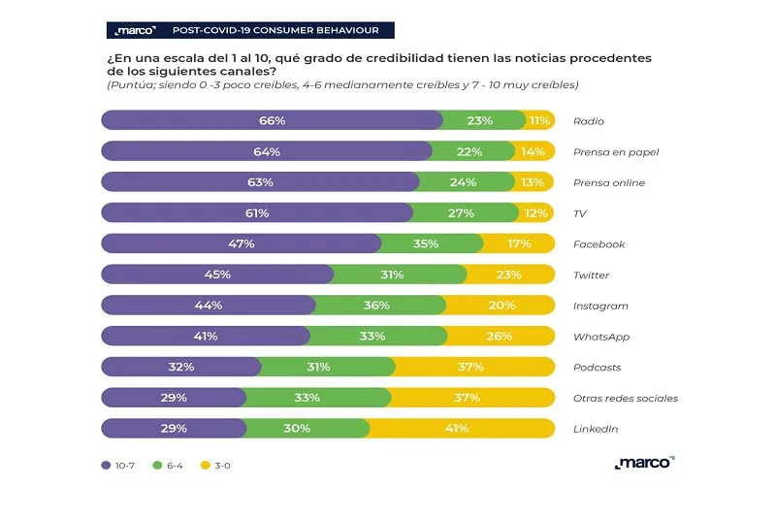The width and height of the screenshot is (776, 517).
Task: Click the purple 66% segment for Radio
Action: point(272,121)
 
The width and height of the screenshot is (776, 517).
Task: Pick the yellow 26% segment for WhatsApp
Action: point(501,337)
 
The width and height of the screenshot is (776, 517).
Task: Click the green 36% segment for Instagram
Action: point(379,306)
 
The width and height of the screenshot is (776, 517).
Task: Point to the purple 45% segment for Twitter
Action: point(217,275)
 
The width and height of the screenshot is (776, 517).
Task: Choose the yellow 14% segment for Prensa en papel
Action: point(534,152)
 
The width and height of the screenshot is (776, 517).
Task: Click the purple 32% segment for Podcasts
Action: point(181,367)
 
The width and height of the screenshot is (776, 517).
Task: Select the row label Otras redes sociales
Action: point(626,398)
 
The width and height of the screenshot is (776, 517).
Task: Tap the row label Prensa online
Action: point(609,183)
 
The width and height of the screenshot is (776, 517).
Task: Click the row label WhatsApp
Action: point(601,337)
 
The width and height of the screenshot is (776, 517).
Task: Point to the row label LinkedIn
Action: point(595,429)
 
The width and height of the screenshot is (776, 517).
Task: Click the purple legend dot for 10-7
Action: point(106,466)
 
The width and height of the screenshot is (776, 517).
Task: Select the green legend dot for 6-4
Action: point(157,466)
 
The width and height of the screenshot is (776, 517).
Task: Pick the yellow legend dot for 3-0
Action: point(205,466)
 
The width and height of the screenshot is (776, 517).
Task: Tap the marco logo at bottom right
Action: point(644,463)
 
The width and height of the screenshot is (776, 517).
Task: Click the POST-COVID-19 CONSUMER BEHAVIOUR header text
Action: point(275,30)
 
